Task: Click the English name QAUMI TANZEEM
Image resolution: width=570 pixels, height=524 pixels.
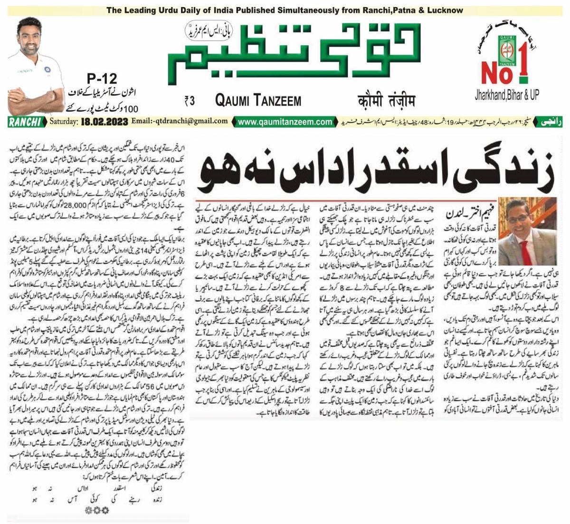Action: point(258,100)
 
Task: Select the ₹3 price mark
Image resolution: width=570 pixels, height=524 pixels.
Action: point(190,100)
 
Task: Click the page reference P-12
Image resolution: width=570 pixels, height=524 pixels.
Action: point(102,78)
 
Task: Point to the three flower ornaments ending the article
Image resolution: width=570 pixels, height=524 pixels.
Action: point(95,510)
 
